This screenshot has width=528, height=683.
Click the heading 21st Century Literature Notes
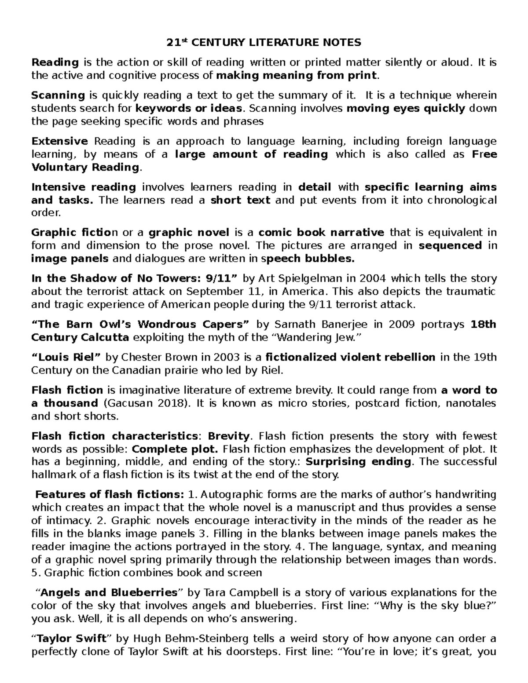pos(264,43)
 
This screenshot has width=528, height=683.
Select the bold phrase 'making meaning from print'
pos(297,75)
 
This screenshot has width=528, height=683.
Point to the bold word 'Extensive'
pos(60,141)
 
